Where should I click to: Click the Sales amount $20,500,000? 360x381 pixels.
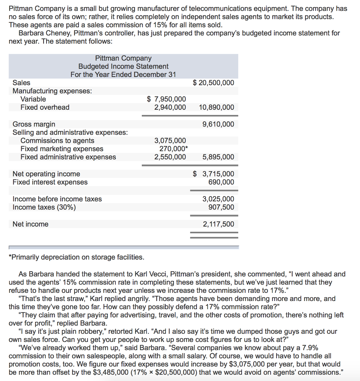point(214,83)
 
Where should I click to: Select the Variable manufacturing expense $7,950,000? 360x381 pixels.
point(166,99)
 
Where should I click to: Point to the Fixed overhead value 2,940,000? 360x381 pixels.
point(170,107)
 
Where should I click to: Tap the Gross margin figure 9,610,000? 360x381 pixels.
point(219,124)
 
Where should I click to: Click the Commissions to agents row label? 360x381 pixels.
point(57,141)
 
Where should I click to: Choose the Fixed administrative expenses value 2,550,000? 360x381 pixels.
point(170,157)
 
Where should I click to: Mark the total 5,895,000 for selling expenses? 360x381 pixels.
point(219,157)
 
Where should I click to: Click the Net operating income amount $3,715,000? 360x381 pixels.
point(214,174)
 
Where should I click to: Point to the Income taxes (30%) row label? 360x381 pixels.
point(44,207)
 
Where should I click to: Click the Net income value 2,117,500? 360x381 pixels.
point(219,224)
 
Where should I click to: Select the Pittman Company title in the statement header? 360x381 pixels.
point(123,58)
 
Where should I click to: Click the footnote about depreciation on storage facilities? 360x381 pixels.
point(76,257)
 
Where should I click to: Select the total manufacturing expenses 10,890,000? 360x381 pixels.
point(217,107)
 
